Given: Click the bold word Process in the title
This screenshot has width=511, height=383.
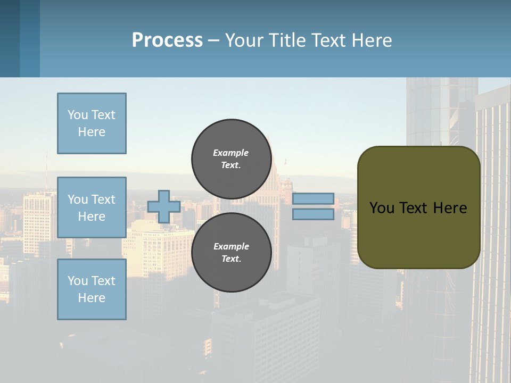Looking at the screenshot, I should coord(167,40).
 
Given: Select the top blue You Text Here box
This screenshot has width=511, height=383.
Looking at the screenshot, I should coord(92,123).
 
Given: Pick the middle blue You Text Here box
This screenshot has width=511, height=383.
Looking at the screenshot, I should coord(92,207).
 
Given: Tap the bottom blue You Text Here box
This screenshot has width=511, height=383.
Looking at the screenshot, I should coord(92,289).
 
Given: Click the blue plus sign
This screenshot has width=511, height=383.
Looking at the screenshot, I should coord(163,206).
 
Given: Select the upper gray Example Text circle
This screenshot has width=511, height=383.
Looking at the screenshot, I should coord(231,159).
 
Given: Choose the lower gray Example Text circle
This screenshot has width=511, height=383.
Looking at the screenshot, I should coord(231,252).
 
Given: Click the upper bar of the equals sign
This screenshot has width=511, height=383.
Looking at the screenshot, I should coord(313,199).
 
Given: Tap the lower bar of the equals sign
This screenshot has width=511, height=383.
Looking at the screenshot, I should coord(313,214).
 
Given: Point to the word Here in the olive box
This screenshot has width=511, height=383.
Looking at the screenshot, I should coord(450,208).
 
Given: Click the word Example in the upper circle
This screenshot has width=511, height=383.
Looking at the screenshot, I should coord(230,153).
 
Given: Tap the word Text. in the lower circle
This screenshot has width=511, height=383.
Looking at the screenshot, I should coord(231,259).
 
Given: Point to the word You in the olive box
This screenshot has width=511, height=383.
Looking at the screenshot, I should coord(382,208).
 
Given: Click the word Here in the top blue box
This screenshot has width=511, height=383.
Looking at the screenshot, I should coord(92,132).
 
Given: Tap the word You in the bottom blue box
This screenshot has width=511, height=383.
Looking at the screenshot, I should coord(77,281).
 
